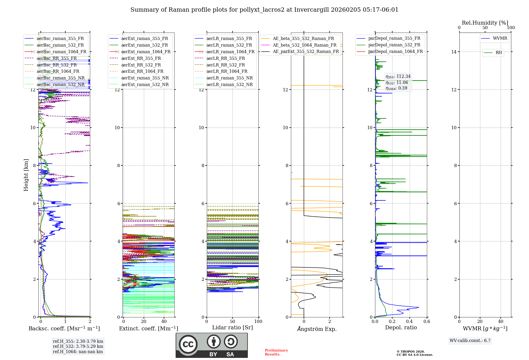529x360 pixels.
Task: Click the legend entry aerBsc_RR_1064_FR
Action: point(58,71)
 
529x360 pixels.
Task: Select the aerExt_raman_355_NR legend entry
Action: point(145,78)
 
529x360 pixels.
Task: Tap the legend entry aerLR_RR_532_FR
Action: point(226,65)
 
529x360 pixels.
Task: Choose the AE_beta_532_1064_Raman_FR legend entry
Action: point(304,45)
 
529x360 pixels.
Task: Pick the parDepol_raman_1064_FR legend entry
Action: point(395,52)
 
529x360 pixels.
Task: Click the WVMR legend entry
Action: point(500,38)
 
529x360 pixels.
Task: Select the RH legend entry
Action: point(499,53)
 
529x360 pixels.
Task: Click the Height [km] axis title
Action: point(26,175)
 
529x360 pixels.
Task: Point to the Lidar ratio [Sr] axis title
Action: point(232,327)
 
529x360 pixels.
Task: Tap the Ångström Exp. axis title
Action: point(317,329)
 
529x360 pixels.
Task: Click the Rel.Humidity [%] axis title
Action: point(485,23)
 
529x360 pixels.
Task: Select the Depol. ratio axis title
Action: point(401,327)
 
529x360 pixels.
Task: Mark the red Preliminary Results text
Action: point(276,352)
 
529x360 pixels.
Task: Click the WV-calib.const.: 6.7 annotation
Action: point(470,341)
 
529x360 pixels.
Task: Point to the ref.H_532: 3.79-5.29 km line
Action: point(78,346)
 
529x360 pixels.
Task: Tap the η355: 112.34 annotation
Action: point(398,76)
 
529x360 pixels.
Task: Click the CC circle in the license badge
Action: point(188,344)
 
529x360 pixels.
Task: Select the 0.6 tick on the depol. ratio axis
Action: point(427,322)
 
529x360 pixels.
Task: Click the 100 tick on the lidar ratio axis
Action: point(258,322)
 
